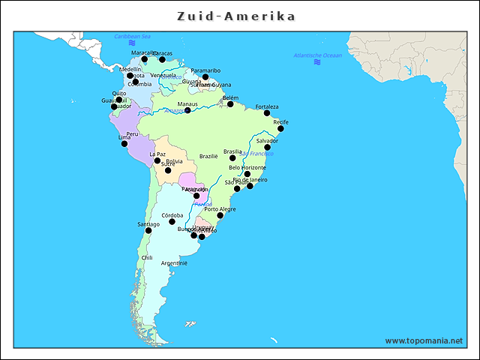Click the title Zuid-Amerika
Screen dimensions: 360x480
[x=236, y=16]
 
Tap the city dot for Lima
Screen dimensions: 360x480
[x=124, y=143]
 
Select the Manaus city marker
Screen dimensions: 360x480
[x=187, y=110]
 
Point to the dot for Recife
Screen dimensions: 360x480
[x=280, y=128]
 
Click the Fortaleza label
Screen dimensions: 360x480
[x=266, y=106]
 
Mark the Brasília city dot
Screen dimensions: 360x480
[x=232, y=157]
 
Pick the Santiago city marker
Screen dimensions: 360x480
[x=148, y=230]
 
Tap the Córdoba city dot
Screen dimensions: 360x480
[x=172, y=221]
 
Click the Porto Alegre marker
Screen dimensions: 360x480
[x=220, y=215]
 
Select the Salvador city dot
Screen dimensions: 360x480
[x=267, y=147]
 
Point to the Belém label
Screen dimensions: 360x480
[x=230, y=97]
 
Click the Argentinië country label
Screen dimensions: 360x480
[x=174, y=263]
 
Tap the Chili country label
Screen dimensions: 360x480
[x=147, y=258]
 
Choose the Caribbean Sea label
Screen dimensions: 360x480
[x=132, y=36]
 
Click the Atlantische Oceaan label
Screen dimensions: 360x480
[x=317, y=55]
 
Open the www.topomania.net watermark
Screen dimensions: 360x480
[x=424, y=341]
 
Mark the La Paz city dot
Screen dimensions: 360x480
[x=157, y=160]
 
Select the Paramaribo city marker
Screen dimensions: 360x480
[x=205, y=76]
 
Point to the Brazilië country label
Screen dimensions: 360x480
[x=208, y=157]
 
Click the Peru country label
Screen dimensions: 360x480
[x=132, y=133]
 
